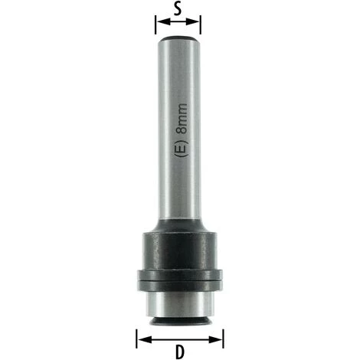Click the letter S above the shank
(178, 8)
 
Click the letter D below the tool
(180, 352)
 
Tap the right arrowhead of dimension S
(193, 21)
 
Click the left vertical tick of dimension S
(155, 25)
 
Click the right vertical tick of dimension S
(201, 25)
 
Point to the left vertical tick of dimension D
(137, 339)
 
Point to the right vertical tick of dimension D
(223, 339)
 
